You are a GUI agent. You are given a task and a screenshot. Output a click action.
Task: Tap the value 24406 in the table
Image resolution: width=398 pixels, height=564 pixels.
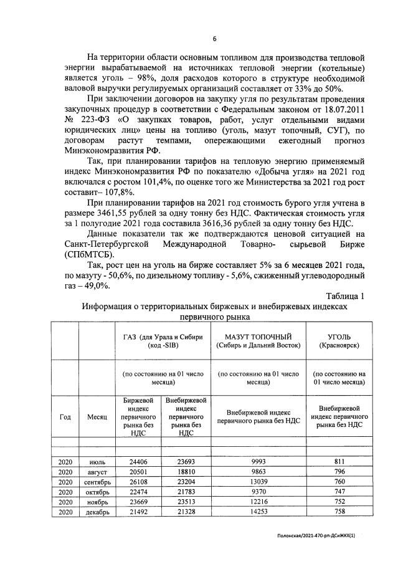pos(138,462)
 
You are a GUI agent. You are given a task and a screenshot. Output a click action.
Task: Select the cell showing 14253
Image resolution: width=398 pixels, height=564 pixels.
pos(258,512)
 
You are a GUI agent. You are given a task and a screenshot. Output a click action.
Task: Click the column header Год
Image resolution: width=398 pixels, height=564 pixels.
pos(65,417)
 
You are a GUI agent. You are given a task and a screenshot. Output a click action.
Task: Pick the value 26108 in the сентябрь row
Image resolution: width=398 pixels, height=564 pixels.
pos(138,482)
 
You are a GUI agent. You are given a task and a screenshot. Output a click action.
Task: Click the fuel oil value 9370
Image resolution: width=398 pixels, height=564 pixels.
pos(258,492)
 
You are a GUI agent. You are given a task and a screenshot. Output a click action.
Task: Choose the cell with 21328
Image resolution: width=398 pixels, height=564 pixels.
pos(184,512)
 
